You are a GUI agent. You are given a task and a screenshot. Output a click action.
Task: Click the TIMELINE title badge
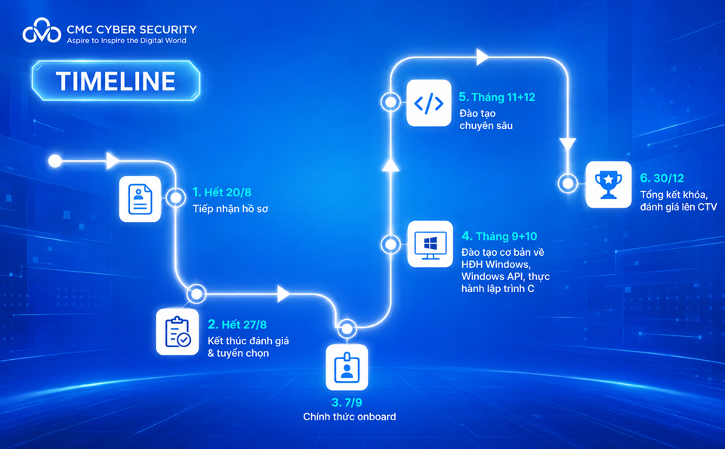point(116,81)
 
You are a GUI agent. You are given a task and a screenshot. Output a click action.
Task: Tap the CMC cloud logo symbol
point(42,31)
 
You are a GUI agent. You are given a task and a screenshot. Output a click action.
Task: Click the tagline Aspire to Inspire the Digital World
point(126,41)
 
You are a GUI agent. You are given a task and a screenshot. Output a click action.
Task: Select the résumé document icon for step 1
point(140,199)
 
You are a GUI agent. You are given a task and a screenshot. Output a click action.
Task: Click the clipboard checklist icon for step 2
point(177,332)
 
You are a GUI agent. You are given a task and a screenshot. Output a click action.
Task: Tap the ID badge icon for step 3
point(347,368)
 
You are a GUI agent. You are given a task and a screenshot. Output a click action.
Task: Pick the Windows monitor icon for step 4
point(430,244)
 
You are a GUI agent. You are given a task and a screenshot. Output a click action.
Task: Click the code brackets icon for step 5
point(429,103)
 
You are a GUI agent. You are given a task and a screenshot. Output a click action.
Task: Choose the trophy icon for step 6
point(609,184)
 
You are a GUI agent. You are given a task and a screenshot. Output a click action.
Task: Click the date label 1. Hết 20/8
point(222,192)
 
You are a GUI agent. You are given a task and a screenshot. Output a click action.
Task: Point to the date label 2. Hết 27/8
point(237,324)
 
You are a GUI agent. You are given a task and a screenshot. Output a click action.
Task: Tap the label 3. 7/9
point(347,402)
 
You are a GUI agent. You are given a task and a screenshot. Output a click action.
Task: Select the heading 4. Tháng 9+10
point(499,236)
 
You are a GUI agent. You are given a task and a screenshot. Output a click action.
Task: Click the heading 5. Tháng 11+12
point(497,97)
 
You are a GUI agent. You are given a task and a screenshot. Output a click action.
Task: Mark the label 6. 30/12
point(662,178)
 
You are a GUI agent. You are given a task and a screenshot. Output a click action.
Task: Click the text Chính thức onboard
point(350,417)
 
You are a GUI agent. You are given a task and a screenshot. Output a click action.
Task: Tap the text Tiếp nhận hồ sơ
point(230,209)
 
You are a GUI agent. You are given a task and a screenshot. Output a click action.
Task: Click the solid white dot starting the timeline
point(55,161)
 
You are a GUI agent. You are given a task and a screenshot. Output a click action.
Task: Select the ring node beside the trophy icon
point(568,183)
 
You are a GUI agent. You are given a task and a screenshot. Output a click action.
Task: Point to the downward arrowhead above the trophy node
point(568,143)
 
